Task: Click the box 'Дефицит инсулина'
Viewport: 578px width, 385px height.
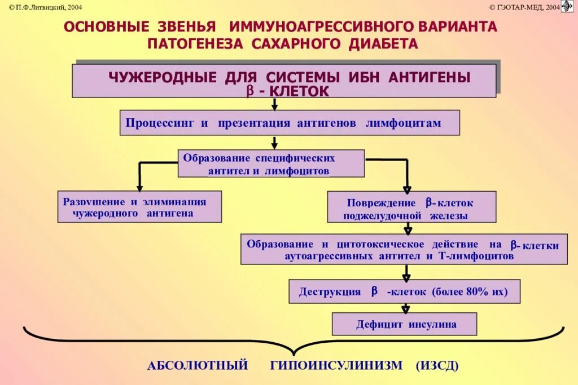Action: [x=404, y=324]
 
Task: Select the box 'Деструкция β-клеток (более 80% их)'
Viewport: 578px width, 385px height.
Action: [x=404, y=291]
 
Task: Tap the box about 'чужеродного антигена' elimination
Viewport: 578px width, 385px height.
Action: [x=139, y=206]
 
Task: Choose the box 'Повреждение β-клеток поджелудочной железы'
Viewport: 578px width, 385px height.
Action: [x=412, y=207]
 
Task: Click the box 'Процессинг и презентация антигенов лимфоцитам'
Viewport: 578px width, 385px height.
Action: [x=290, y=122]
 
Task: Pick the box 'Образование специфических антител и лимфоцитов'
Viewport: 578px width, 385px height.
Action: [x=271, y=163]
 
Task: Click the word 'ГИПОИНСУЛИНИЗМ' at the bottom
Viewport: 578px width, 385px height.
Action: [x=336, y=365]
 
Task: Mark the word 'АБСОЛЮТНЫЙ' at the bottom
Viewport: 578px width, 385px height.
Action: [x=198, y=365]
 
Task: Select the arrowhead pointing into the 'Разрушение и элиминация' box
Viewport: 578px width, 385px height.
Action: [x=139, y=187]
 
